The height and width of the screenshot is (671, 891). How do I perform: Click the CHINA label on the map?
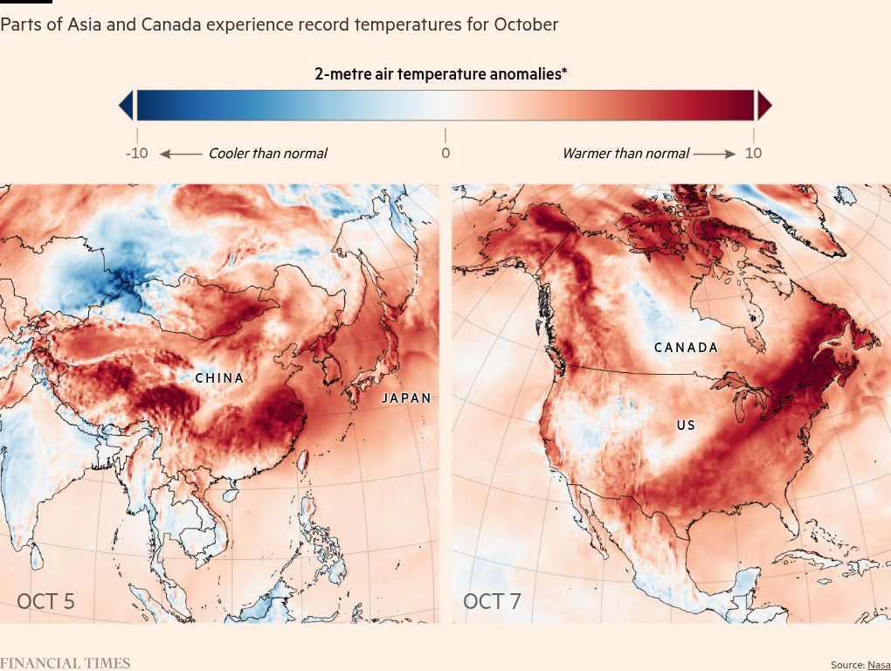pyautogui.click(x=219, y=378)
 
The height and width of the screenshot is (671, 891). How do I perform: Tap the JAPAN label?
pyautogui.click(x=406, y=398)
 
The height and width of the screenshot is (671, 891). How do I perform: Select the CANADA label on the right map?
pyautogui.click(x=686, y=348)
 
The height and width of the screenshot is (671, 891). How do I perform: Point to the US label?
pyautogui.click(x=686, y=425)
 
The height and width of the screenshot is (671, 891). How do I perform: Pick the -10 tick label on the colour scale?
pyautogui.click(x=136, y=154)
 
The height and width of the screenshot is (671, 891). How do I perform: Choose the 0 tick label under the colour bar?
pyautogui.click(x=445, y=154)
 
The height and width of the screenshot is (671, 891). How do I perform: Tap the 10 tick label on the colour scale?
pyautogui.click(x=753, y=154)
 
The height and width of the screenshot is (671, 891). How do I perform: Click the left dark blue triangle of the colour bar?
pyautogui.click(x=127, y=106)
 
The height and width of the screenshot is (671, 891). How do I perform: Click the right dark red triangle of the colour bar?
pyautogui.click(x=763, y=106)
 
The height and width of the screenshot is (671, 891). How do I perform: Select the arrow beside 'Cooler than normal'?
pyautogui.click(x=181, y=154)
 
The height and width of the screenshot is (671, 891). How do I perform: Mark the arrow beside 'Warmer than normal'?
pyautogui.click(x=715, y=154)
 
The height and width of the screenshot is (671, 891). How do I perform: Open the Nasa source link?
pyautogui.click(x=879, y=665)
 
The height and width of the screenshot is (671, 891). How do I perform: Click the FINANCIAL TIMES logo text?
pyautogui.click(x=65, y=663)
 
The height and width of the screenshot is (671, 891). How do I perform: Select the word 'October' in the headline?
pyautogui.click(x=526, y=24)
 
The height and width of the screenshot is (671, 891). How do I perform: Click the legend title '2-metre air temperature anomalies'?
pyautogui.click(x=440, y=74)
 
